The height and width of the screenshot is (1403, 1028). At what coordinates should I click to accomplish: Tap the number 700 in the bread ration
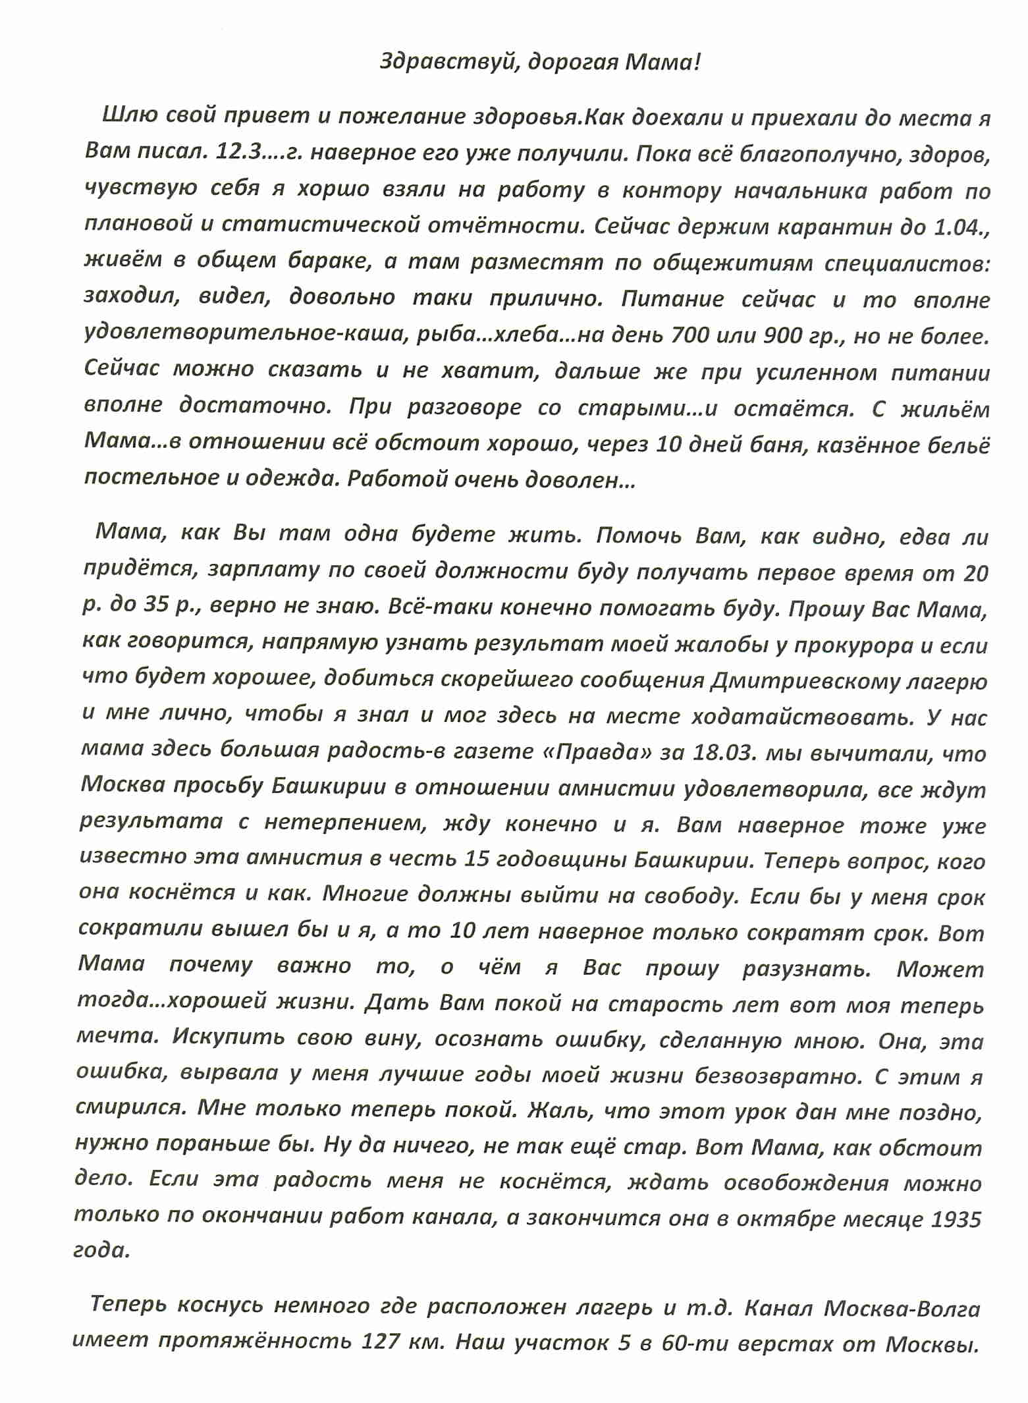(x=690, y=336)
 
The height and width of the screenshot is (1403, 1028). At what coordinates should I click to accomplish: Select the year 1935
(x=956, y=1219)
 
